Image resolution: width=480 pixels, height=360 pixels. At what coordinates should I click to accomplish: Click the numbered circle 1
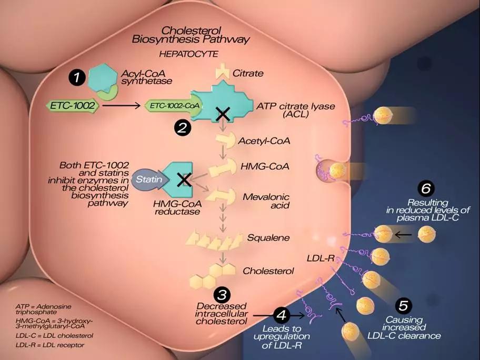tap(76, 77)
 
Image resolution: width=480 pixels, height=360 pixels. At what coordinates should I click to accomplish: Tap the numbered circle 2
tap(183, 128)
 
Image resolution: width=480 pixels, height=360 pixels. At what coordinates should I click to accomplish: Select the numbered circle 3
tap(222, 295)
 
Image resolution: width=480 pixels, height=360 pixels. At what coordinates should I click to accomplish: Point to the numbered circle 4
tap(282, 315)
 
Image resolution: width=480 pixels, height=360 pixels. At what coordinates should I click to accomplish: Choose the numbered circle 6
tap(426, 188)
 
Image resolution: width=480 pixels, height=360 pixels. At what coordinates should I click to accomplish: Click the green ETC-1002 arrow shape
tap(73, 106)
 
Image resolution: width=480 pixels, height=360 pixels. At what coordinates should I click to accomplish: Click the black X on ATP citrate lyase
tap(223, 114)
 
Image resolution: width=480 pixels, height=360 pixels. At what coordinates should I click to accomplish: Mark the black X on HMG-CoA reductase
tap(184, 179)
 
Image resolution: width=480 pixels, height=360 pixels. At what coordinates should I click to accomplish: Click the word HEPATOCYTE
tap(188, 54)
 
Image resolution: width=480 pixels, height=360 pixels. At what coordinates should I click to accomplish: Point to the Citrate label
tap(248, 74)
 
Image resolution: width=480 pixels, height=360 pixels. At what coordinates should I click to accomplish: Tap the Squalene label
tap(268, 238)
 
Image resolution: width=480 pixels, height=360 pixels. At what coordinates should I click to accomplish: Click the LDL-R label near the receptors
tap(320, 258)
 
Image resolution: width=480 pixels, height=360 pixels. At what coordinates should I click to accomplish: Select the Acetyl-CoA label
tap(264, 141)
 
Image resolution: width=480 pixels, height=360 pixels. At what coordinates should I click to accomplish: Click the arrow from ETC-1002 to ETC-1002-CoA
tap(121, 106)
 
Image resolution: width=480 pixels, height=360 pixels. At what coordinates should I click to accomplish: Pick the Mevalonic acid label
tap(266, 201)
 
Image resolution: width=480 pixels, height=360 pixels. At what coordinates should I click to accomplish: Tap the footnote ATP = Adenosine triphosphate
tap(43, 309)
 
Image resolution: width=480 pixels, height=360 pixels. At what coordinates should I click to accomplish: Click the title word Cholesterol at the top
tap(191, 31)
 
